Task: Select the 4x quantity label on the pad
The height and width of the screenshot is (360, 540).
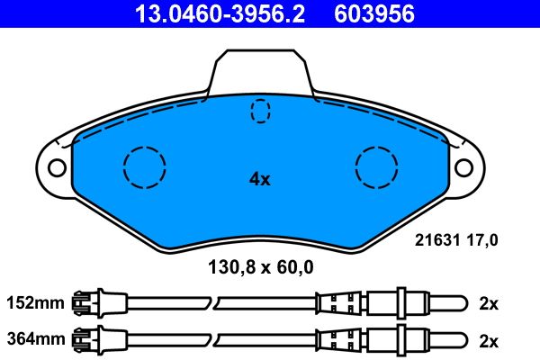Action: coord(260,179)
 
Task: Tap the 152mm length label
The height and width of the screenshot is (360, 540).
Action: coord(36,303)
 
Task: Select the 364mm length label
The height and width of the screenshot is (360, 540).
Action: coord(36,339)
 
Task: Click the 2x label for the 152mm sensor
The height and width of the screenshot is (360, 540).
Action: coord(489,303)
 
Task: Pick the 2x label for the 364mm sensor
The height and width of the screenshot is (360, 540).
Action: coord(489,339)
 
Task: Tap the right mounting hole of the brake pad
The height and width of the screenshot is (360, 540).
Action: coord(463,167)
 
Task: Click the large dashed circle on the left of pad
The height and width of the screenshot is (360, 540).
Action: coord(144,166)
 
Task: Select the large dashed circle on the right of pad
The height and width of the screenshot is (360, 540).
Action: coord(377,166)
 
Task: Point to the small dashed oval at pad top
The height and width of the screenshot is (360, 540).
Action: coord(260,110)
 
